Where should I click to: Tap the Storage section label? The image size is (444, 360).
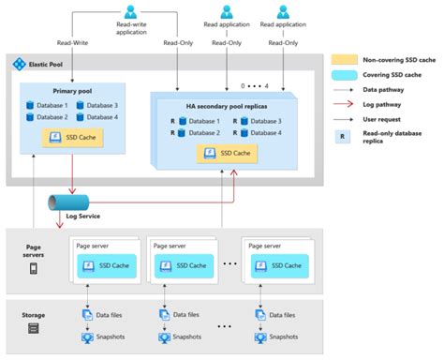click(34, 314)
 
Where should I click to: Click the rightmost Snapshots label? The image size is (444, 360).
click(280, 337)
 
